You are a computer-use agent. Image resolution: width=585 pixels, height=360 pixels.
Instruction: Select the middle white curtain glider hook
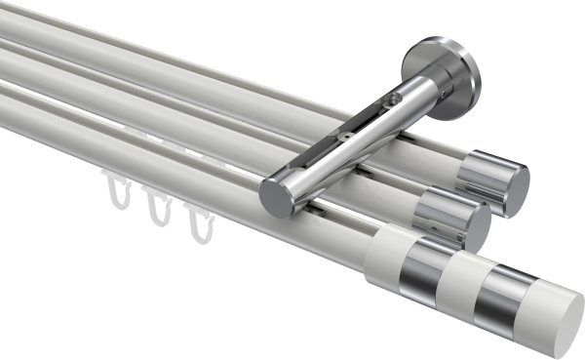(157, 206)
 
